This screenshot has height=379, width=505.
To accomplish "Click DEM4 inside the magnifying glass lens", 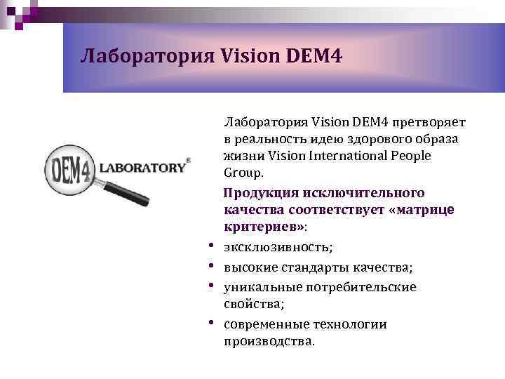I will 69,169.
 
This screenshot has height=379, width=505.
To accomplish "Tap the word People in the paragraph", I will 413,155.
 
